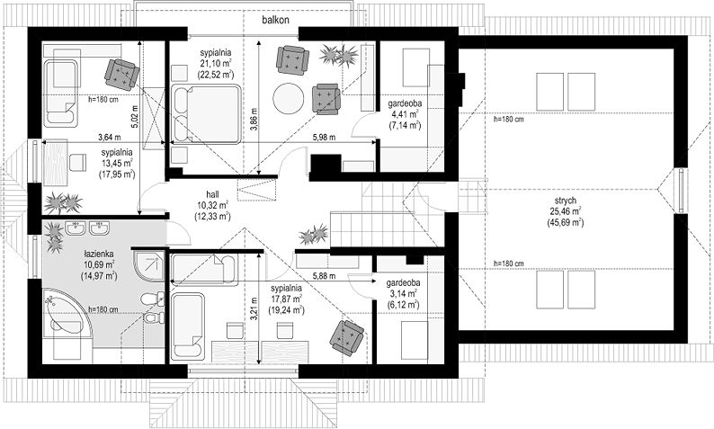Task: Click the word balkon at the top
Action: click(x=275, y=20)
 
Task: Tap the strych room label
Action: click(x=565, y=201)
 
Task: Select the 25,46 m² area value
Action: click(x=565, y=211)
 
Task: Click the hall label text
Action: click(x=212, y=194)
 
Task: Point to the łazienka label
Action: click(x=98, y=254)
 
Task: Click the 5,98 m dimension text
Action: click(x=324, y=137)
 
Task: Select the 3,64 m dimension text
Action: click(x=110, y=137)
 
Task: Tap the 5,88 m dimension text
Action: click(x=324, y=275)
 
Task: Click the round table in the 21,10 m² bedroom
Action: click(x=289, y=98)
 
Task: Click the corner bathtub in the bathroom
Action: click(x=68, y=313)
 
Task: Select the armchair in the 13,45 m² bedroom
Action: click(x=121, y=74)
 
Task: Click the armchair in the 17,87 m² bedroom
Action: click(x=347, y=337)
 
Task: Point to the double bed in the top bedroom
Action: click(x=206, y=114)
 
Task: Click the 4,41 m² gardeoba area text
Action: click(x=405, y=114)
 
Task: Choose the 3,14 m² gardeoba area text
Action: click(x=403, y=294)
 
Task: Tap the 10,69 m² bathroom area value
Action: click(x=98, y=264)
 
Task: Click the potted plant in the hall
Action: click(x=314, y=235)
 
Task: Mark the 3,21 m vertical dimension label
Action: click(x=254, y=308)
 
